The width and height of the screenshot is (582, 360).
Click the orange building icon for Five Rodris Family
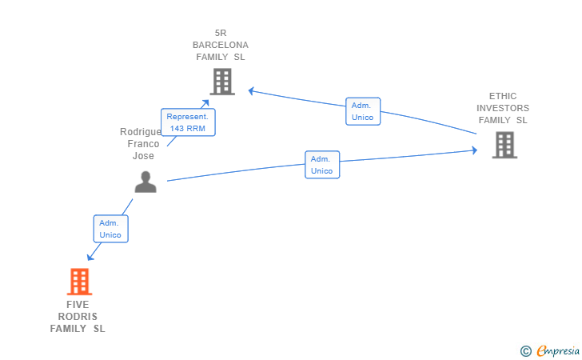tap(79, 282)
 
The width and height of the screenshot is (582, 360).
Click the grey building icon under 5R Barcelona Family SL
tap(222, 82)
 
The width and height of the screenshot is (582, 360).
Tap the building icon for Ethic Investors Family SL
tap(504, 145)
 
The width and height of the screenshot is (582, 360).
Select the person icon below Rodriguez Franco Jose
tap(145, 182)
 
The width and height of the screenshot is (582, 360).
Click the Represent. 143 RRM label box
tap(188, 122)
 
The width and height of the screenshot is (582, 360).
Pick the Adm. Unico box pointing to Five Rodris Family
tap(110, 229)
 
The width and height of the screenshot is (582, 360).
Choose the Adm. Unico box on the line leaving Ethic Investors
tap(363, 111)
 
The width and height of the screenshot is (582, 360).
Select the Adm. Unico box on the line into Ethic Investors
tap(322, 165)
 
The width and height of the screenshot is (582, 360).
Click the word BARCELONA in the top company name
tap(221, 45)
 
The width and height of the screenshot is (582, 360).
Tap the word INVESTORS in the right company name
tap(503, 108)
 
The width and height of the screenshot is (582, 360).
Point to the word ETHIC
tap(503, 96)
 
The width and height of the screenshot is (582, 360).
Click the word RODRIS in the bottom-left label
tap(78, 317)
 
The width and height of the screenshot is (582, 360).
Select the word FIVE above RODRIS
tap(78, 305)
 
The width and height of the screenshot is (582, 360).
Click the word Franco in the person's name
tap(143, 144)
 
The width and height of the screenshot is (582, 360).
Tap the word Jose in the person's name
tap(143, 156)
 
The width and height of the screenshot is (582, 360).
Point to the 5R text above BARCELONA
tap(221, 33)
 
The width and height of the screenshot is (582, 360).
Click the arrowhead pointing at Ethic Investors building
tap(475, 150)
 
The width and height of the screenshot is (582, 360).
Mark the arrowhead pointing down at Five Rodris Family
tap(90, 257)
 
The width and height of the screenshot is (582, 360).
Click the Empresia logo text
tap(558, 350)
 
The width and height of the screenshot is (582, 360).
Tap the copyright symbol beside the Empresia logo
tap(526, 351)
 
